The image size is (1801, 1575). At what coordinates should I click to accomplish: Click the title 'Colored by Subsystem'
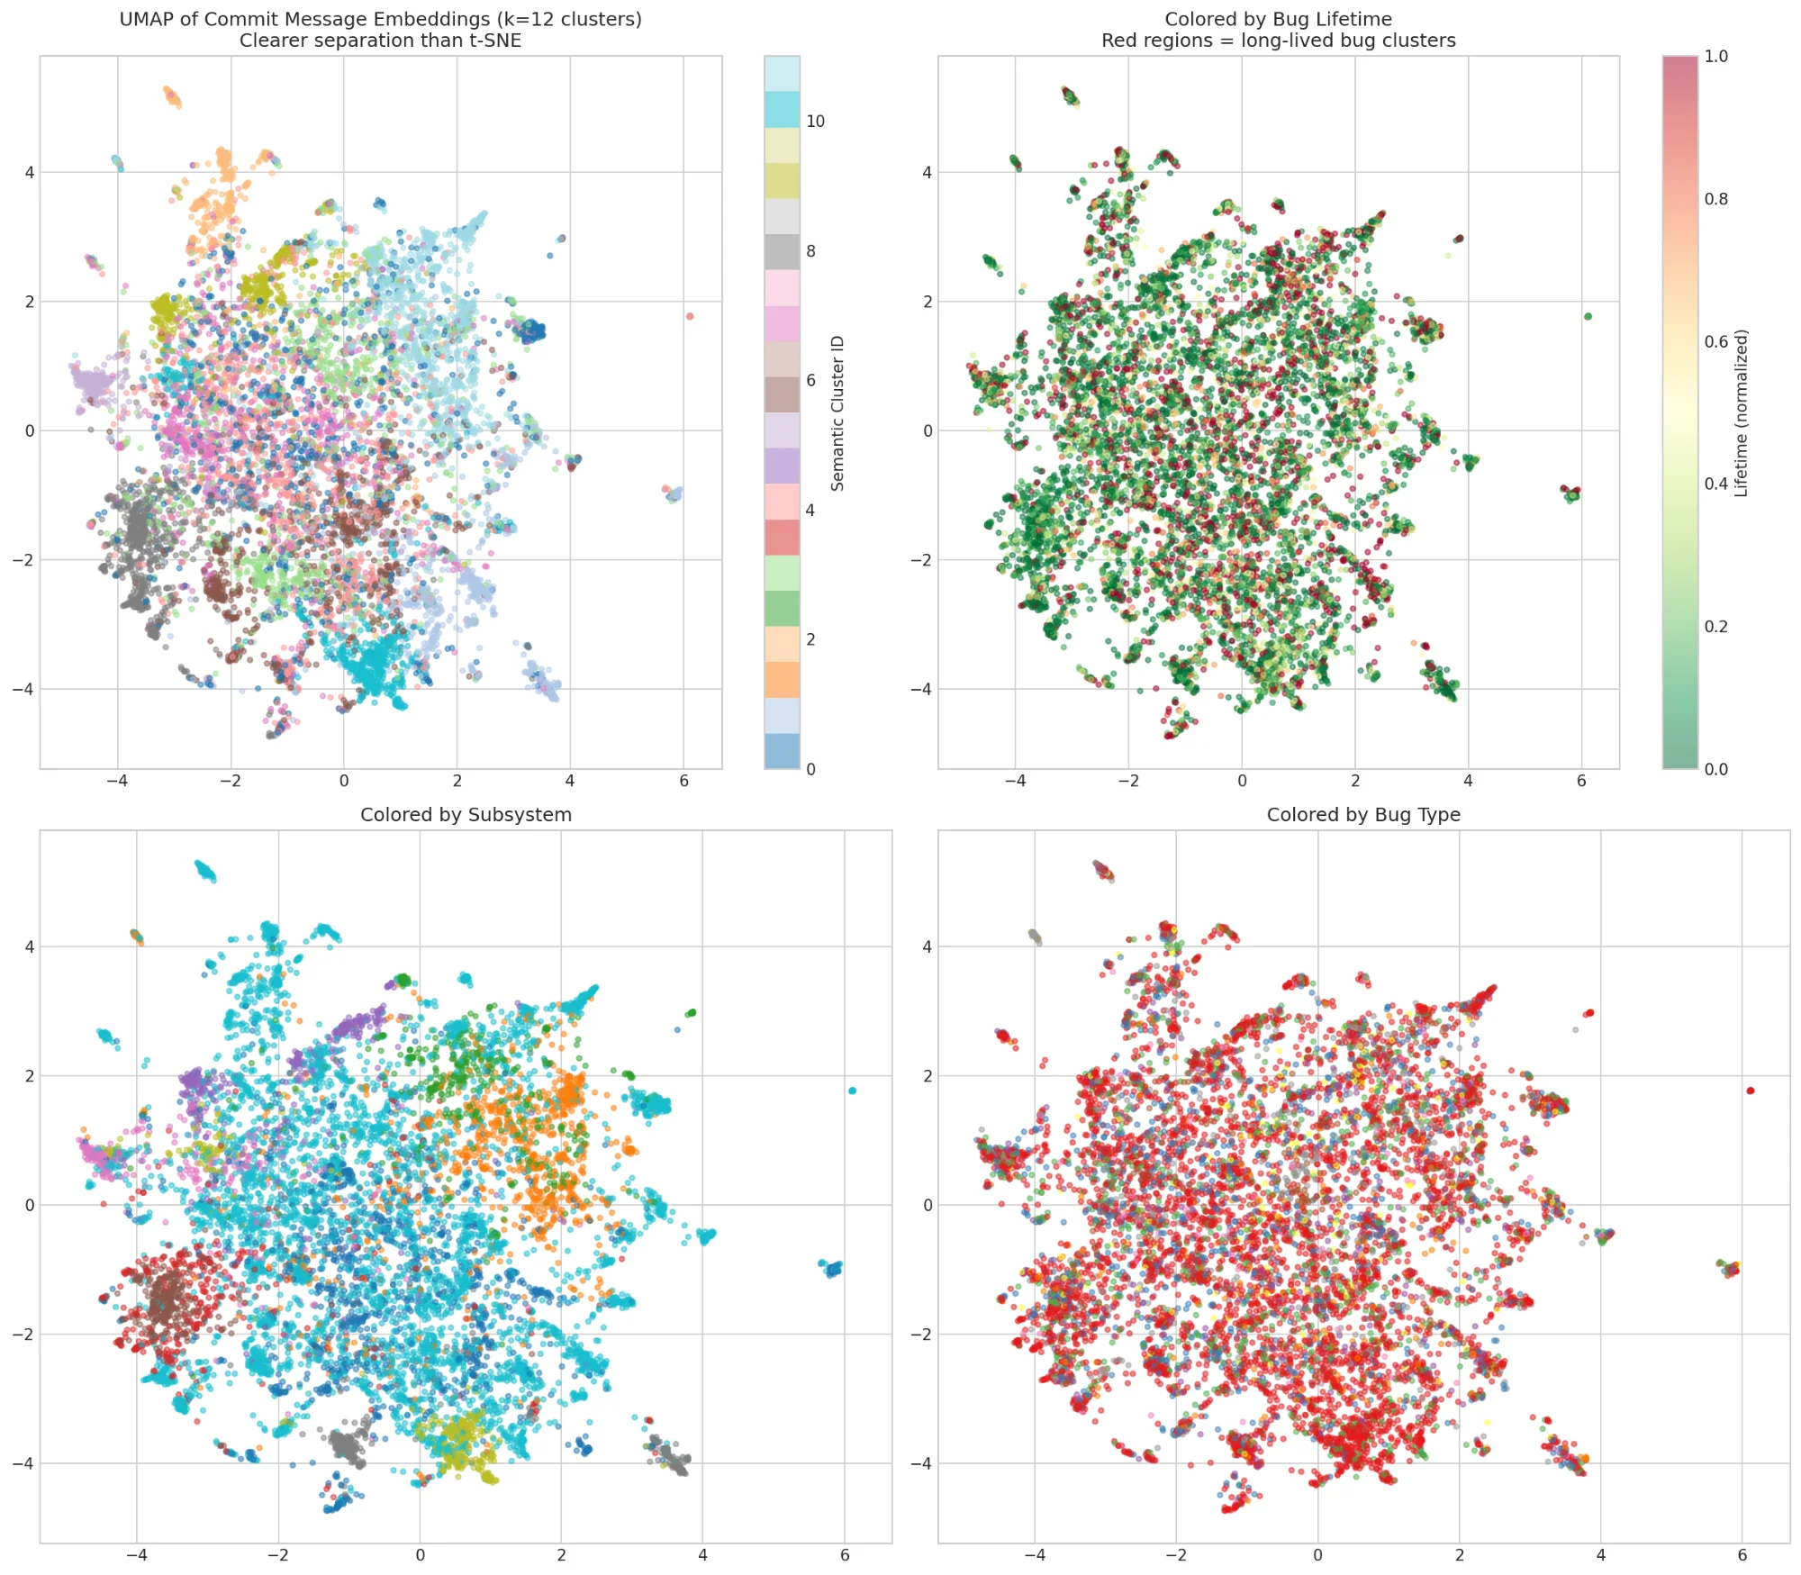point(466,815)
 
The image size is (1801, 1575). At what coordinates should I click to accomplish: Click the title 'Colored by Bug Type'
point(1362,815)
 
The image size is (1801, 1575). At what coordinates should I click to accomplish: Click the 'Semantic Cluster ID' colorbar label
point(837,412)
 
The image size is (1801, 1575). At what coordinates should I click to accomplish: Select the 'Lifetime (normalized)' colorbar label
point(1741,412)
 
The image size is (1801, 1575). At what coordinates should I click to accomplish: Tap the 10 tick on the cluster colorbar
point(815,122)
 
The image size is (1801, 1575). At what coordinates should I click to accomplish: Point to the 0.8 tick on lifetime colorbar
point(1715,199)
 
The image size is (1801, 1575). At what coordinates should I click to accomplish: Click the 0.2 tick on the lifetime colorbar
point(1715,627)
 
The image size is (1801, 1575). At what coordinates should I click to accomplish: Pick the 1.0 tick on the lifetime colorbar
point(1715,57)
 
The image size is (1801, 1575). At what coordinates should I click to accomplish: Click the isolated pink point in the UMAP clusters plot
point(690,316)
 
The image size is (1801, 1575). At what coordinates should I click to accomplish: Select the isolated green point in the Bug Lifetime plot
point(1588,316)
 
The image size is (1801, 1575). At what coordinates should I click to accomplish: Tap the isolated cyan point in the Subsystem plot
point(852,1091)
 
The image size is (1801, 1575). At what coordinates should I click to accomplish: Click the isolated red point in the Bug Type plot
point(1751,1091)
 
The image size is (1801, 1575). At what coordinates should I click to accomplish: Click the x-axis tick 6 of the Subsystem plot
point(845,1554)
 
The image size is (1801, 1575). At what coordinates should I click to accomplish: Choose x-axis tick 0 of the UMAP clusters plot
point(344,781)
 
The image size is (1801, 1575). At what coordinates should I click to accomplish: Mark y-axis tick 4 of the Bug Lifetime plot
point(928,172)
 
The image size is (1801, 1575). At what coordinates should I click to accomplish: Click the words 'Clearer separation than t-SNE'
point(380,41)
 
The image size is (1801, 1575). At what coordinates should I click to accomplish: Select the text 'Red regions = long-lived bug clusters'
point(1278,41)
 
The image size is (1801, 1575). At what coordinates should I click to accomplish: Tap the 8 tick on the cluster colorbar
point(810,251)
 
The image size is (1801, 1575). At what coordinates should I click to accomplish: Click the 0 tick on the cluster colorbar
point(810,769)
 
